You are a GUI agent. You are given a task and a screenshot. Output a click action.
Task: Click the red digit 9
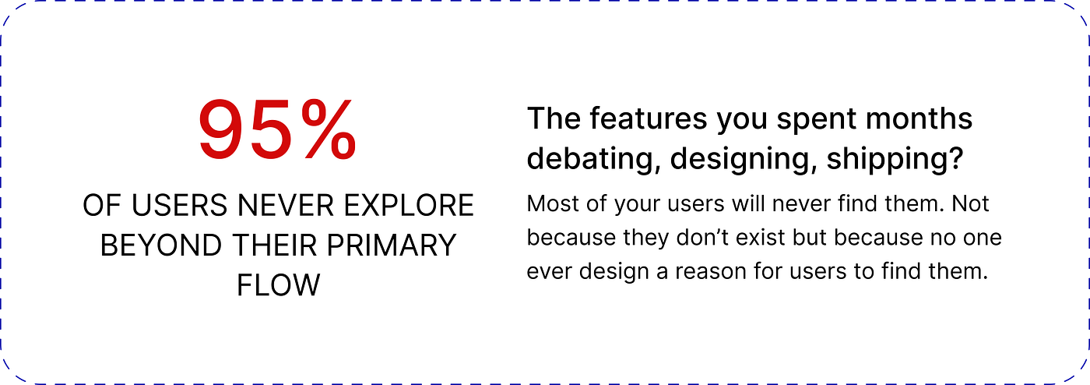[223, 129]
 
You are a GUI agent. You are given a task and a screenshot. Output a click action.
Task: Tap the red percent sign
[329, 129]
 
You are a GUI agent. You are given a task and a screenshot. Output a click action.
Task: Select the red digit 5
[272, 129]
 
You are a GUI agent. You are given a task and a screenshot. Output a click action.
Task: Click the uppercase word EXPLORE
[409, 205]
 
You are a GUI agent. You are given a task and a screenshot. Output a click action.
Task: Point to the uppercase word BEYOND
[161, 245]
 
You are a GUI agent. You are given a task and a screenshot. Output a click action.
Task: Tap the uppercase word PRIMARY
[391, 245]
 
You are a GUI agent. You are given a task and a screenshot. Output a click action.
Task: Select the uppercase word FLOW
[279, 285]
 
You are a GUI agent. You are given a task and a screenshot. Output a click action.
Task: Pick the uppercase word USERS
[179, 205]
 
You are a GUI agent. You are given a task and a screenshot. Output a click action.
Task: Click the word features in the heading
[648, 118]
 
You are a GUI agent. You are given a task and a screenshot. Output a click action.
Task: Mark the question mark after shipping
[956, 157]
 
